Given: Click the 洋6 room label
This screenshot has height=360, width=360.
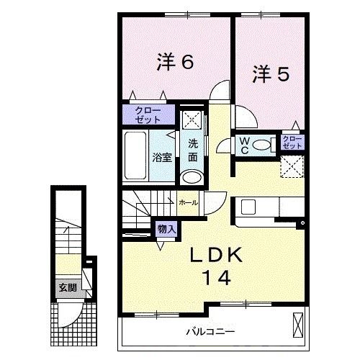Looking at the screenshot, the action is [x=175, y=62].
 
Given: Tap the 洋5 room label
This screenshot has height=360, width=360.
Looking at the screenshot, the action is [x=271, y=74].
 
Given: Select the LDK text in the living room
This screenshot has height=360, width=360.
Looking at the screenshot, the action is [x=216, y=255].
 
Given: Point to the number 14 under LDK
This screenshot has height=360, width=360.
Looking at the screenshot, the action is [x=217, y=277].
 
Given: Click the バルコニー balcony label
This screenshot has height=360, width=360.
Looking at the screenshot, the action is [x=211, y=332].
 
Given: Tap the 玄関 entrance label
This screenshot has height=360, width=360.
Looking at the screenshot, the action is [x=68, y=287].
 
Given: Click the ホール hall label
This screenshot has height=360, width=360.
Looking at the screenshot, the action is [x=189, y=202].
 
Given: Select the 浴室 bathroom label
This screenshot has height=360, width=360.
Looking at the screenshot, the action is [x=162, y=158].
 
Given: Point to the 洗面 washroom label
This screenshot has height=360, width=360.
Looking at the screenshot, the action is [x=193, y=150].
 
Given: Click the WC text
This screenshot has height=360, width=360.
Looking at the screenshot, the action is [x=245, y=145].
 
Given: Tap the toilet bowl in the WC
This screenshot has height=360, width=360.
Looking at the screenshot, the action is [x=261, y=145].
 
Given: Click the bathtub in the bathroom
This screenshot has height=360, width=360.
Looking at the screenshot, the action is [x=135, y=156].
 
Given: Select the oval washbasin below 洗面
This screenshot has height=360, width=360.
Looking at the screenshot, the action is [x=192, y=177].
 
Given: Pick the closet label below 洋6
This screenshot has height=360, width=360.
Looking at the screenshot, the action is [x=148, y=115].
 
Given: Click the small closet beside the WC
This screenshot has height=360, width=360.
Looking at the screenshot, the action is [x=292, y=142].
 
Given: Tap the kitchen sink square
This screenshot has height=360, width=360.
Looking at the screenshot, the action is [x=248, y=207].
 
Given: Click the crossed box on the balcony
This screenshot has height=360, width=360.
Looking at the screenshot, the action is [x=298, y=325].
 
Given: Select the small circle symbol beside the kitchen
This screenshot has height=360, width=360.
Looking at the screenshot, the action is [x=302, y=223].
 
